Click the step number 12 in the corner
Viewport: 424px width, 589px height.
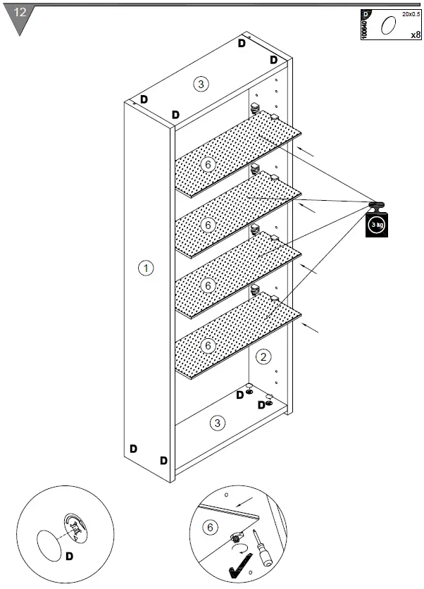[x=20, y=13]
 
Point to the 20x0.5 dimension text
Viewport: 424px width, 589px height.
[x=411, y=13]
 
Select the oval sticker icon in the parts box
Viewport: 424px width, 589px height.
[x=387, y=27]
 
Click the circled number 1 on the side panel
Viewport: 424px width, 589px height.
[x=145, y=268]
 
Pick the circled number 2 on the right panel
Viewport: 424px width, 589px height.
[x=262, y=356]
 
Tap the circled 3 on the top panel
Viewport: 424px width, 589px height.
[x=201, y=84]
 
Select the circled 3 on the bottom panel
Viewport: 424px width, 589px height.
[x=218, y=423]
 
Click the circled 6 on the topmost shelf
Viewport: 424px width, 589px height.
[x=207, y=164]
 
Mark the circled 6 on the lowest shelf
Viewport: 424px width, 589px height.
[x=207, y=346]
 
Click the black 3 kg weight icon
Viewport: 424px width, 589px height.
[x=377, y=223]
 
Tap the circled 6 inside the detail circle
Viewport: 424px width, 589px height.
[x=209, y=527]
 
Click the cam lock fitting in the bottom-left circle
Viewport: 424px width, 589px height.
[x=75, y=527]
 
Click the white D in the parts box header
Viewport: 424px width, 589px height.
[x=365, y=14]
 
